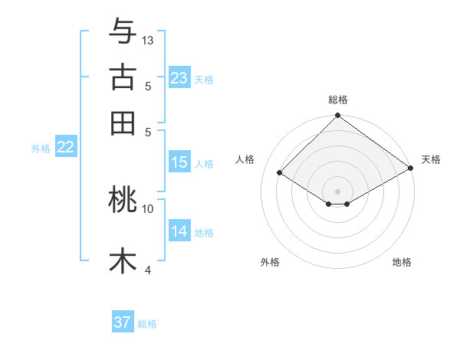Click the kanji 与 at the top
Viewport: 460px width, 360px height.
tap(123, 31)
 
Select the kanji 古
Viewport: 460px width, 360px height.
tap(123, 77)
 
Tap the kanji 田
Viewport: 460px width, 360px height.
tap(123, 123)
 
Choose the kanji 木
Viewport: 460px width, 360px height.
tap(123, 261)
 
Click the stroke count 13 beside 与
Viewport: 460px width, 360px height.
tap(148, 40)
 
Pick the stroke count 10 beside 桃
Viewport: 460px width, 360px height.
tap(148, 208)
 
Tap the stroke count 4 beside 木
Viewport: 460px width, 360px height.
tap(148, 270)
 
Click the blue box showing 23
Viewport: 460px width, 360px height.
tap(179, 77)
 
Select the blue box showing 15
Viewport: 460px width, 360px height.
tap(179, 162)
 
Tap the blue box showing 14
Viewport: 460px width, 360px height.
tap(179, 231)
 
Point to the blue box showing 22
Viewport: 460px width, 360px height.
tap(65, 147)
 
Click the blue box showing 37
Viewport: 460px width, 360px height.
tap(123, 322)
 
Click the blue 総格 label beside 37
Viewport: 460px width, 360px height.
tap(147, 324)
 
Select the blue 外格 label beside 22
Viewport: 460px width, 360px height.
tap(40, 149)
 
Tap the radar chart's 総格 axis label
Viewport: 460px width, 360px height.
tap(338, 100)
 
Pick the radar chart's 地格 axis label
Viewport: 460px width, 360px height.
tap(402, 263)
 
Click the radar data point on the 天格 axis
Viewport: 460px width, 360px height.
tap(411, 169)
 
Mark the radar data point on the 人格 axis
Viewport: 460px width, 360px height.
tap(280, 173)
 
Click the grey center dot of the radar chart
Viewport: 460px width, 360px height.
tap(338, 191)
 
